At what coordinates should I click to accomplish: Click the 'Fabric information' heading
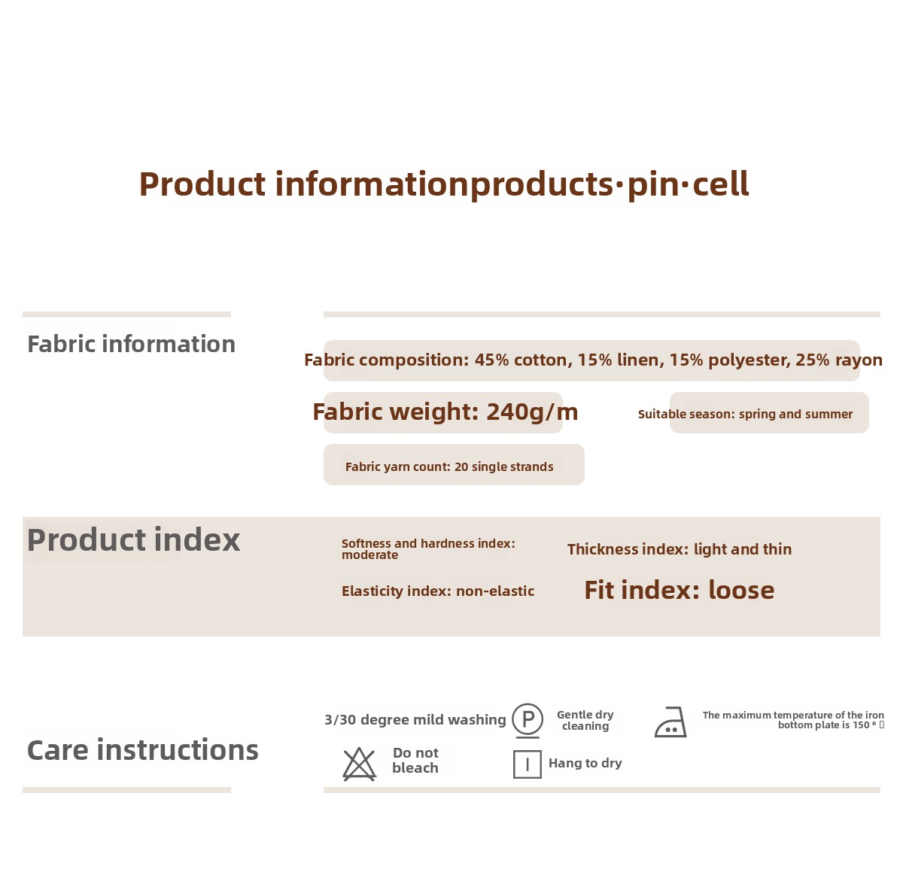[x=132, y=345]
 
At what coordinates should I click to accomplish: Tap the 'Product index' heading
[x=134, y=540]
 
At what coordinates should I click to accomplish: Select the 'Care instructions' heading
[x=143, y=750]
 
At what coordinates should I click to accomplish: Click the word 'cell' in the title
[x=721, y=184]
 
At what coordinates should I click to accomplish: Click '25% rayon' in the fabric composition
[x=839, y=360]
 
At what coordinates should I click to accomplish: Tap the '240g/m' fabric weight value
[x=532, y=412]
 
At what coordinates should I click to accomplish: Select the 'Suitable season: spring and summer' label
[x=745, y=414]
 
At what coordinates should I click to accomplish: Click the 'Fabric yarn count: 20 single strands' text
[x=449, y=466]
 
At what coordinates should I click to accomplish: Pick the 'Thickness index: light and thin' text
[x=680, y=549]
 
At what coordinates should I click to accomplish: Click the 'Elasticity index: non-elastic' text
[x=438, y=591]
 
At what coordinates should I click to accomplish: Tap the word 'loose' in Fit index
[x=741, y=590]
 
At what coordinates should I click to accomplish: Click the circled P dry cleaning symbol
[x=528, y=719]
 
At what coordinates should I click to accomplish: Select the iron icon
[x=670, y=722]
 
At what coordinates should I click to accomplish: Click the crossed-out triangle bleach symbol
[x=359, y=764]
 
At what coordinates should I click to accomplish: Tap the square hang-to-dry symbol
[x=528, y=764]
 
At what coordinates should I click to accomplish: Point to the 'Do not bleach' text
[x=415, y=761]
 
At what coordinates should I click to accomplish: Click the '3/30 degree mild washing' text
[x=415, y=719]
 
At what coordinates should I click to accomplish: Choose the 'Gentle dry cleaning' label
[x=585, y=721]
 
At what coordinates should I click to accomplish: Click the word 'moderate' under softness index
[x=369, y=555]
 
